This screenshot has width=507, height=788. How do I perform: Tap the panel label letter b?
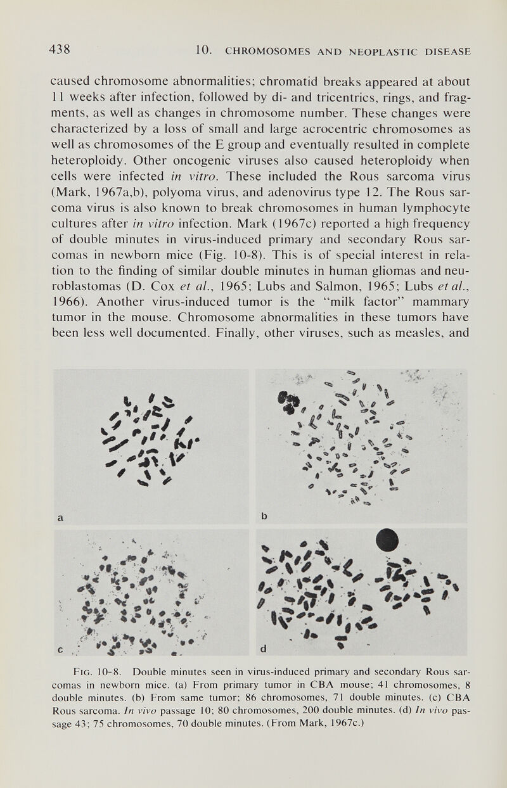[264, 516]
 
